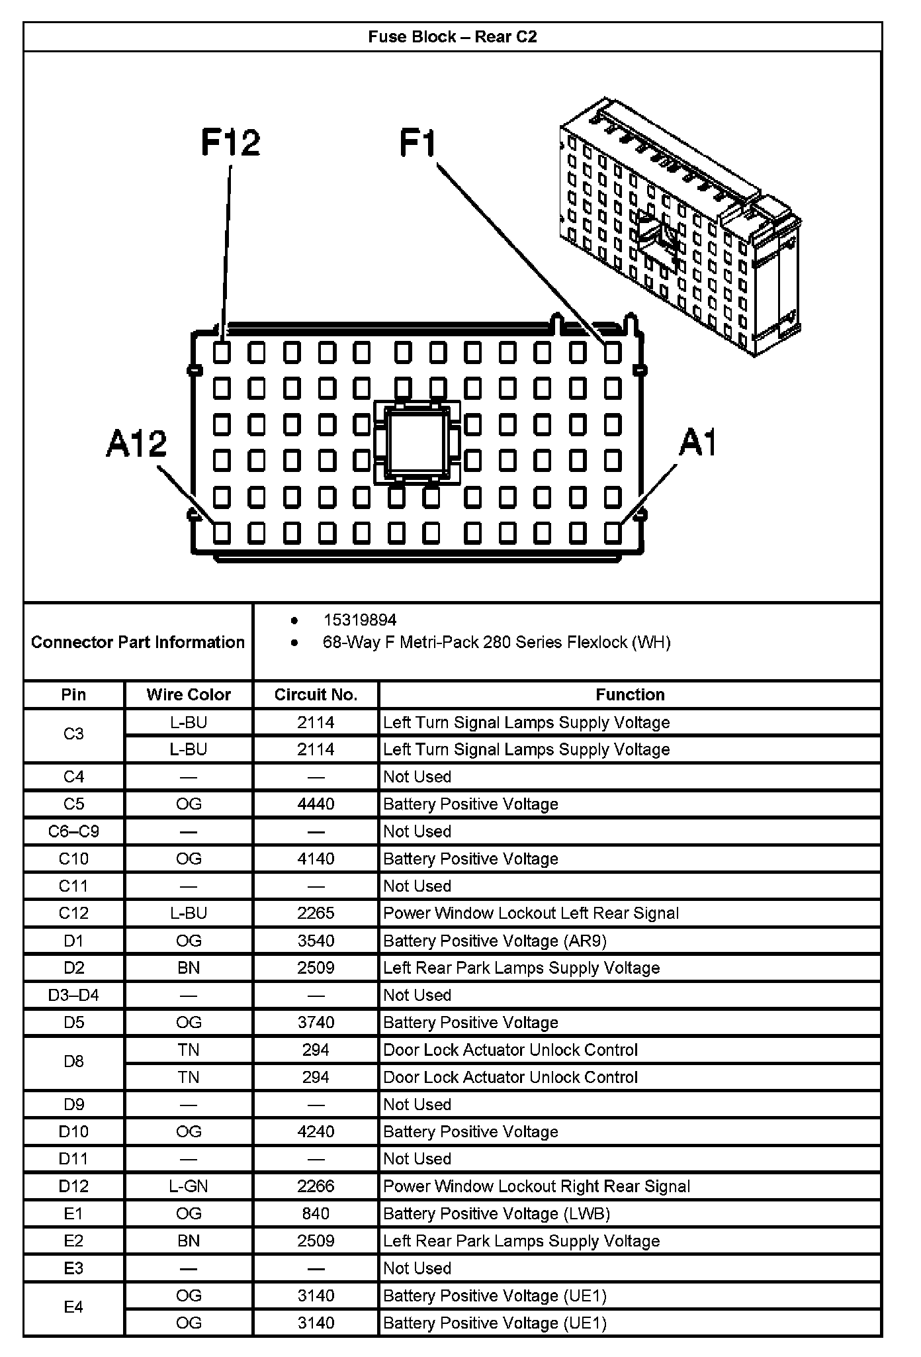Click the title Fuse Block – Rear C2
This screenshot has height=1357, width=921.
(453, 37)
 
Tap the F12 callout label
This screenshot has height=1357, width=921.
(230, 143)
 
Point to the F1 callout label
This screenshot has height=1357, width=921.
(418, 143)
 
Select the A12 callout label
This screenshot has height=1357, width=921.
(136, 444)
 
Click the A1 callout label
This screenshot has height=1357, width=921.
(697, 442)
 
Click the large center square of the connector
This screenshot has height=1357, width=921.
(417, 442)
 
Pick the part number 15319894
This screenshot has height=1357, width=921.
(359, 620)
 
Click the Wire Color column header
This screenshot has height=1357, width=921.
(189, 694)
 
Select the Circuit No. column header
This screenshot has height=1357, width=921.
(316, 694)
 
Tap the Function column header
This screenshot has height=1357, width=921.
(630, 694)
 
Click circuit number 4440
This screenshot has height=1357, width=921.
(316, 804)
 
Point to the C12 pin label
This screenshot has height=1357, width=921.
(73, 913)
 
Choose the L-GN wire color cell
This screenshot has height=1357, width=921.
(189, 1186)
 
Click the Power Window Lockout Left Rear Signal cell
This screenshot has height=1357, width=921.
(531, 913)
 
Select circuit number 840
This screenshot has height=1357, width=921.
(316, 1213)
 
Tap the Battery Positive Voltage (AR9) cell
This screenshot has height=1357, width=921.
(494, 941)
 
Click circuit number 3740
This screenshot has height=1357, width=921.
(316, 1022)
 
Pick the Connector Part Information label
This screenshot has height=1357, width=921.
(138, 642)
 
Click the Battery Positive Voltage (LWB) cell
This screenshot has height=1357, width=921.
(496, 1213)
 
